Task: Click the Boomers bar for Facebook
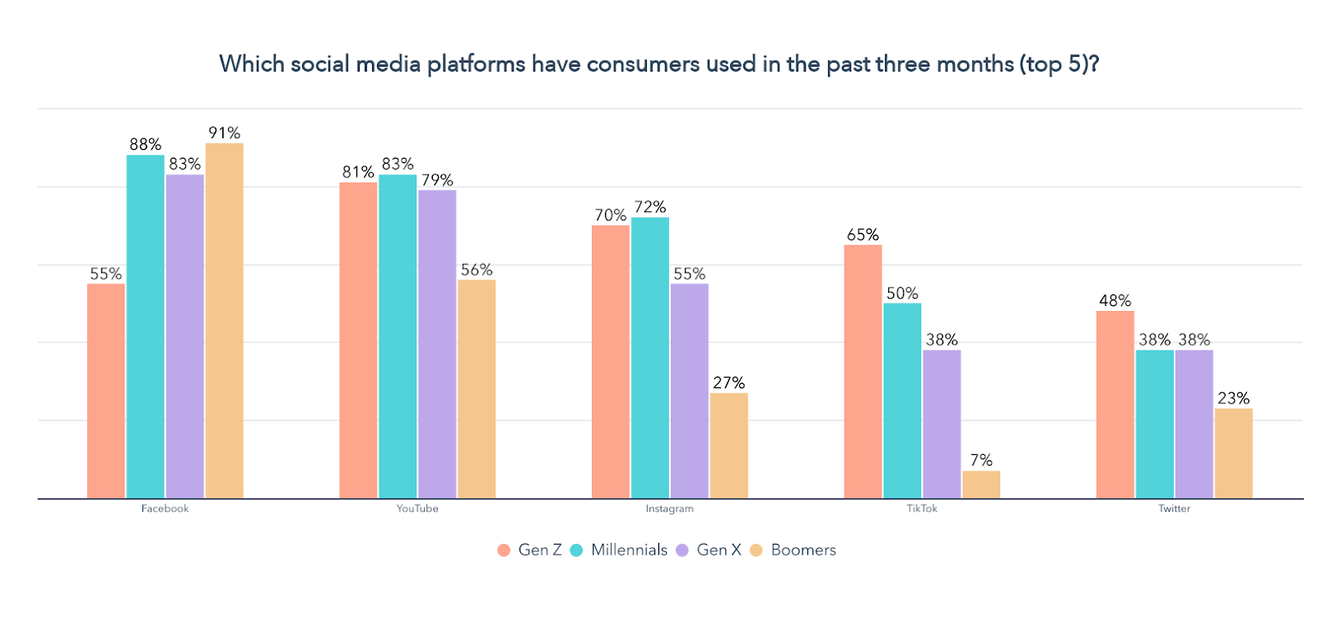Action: (x=224, y=321)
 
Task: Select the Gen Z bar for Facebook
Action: (x=106, y=391)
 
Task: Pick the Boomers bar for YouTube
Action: (x=477, y=388)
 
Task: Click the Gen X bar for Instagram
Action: (x=689, y=391)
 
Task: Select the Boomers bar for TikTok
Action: (x=980, y=485)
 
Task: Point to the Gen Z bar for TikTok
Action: (x=863, y=371)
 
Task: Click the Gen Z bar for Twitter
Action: (x=1115, y=404)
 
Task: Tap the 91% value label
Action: (x=224, y=132)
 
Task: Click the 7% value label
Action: (x=980, y=460)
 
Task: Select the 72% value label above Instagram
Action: (x=649, y=206)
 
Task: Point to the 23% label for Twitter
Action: (x=1233, y=398)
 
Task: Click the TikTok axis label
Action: (x=922, y=508)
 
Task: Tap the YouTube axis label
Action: (x=417, y=508)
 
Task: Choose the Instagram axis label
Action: (x=669, y=508)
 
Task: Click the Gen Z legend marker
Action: (x=504, y=550)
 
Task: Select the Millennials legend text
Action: (x=629, y=550)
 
